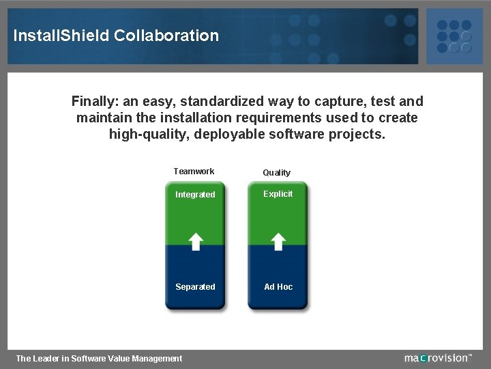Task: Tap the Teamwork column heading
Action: (194, 172)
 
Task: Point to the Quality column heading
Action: (277, 173)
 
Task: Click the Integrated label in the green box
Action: (195, 195)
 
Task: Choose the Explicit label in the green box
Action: (278, 194)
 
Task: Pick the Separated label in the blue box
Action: (195, 287)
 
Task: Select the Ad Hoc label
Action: (278, 287)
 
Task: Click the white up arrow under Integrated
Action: (196, 241)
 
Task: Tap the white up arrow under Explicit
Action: (278, 241)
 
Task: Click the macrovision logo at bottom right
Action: (438, 357)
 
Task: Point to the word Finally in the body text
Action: (95, 102)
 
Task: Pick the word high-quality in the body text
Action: (149, 134)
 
